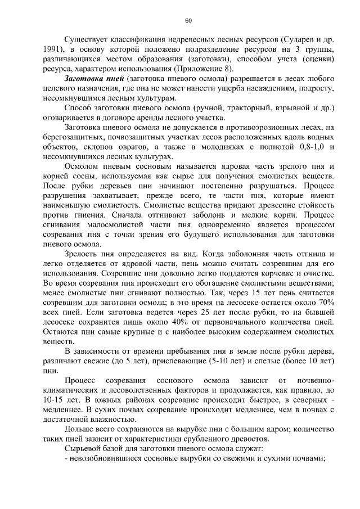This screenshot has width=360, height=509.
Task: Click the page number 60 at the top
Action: click(188, 21)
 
